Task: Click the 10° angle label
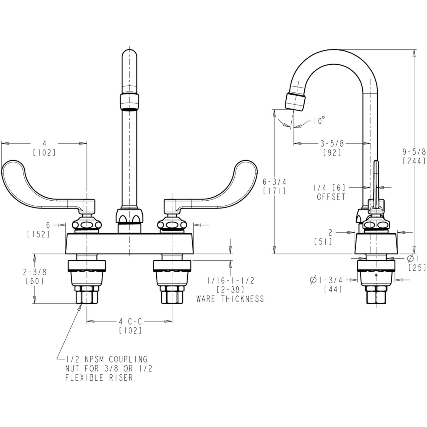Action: (x=319, y=121)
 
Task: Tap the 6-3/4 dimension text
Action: (x=274, y=181)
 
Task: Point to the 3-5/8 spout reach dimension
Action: (x=332, y=144)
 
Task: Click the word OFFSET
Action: (x=331, y=197)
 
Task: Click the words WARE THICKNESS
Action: (x=230, y=299)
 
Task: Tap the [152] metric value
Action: (x=38, y=234)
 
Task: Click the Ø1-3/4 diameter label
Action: (x=326, y=280)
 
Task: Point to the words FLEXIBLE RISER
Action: (x=99, y=377)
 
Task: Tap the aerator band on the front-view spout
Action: (x=129, y=100)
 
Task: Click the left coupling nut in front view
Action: (x=87, y=295)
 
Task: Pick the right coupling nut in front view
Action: (x=172, y=295)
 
